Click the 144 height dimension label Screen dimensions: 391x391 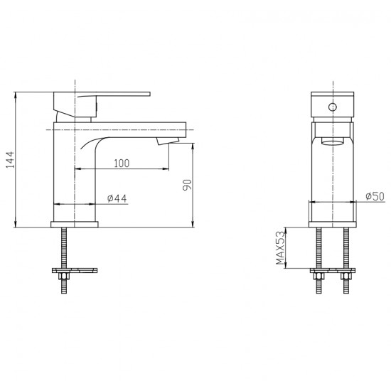click(10, 160)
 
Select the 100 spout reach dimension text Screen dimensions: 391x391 click(122, 164)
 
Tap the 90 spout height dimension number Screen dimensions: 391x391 click(187, 185)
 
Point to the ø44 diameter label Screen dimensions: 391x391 click(117, 198)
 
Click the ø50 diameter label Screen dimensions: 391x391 click(375, 196)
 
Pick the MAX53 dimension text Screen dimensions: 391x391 click(280, 248)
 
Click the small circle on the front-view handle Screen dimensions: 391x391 click(333, 107)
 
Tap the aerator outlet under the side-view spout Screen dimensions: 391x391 click(168, 141)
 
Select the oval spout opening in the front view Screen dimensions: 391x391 click(333, 141)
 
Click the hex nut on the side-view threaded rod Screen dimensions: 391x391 click(63, 277)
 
